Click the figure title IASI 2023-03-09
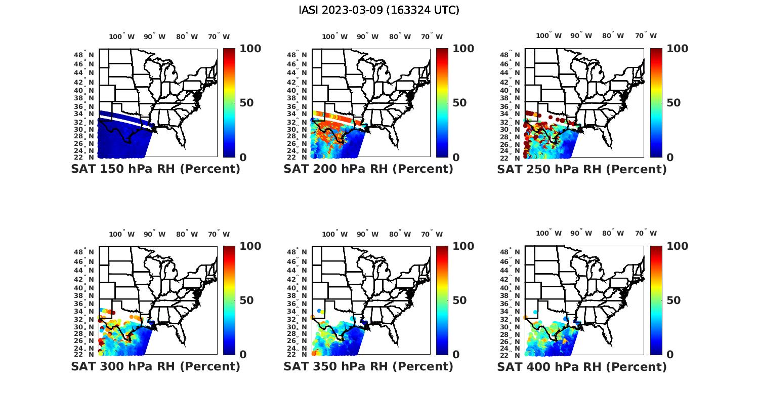pos(379,10)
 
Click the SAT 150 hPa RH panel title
pos(156,169)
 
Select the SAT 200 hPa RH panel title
pos(368,169)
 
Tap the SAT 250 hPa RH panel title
pos(582,169)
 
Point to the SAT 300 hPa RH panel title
pos(156,366)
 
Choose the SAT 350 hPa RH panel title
pos(368,366)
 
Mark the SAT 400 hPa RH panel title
pos(582,366)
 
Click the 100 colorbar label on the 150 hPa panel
pos(250,49)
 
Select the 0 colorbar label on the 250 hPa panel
pos(670,158)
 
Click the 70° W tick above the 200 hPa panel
pos(432,36)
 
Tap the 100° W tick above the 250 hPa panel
pos(549,35)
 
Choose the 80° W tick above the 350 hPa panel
pos(400,234)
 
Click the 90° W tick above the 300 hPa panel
pos(154,234)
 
